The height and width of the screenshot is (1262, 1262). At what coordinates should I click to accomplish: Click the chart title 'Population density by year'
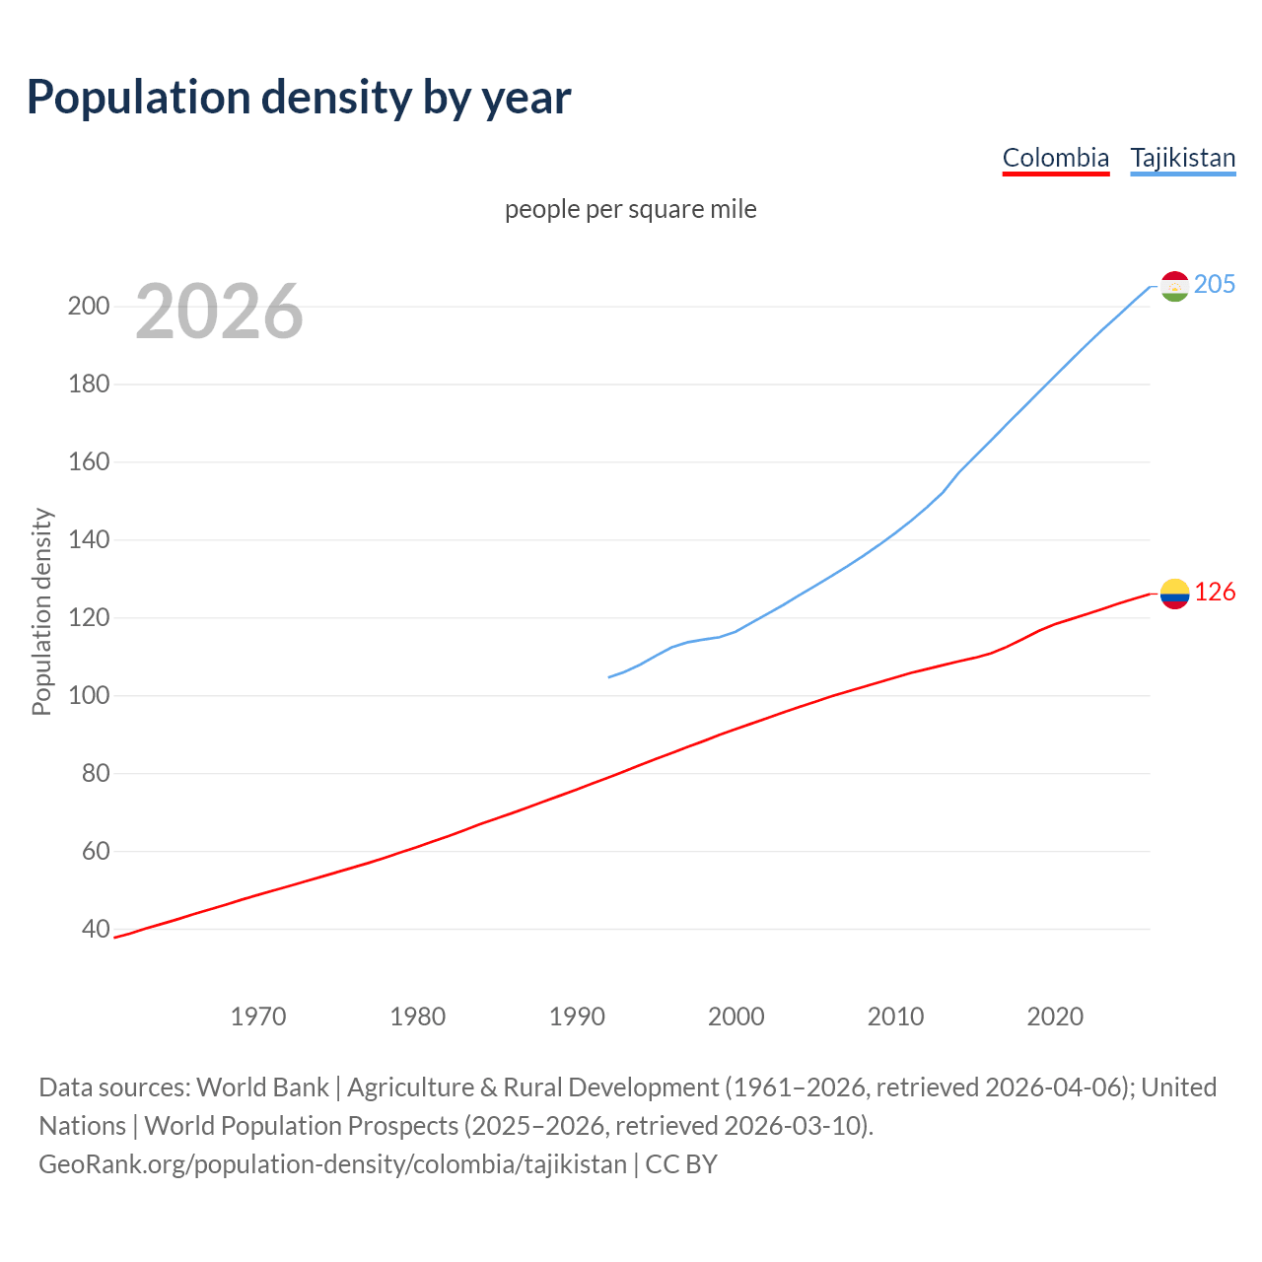[x=299, y=98]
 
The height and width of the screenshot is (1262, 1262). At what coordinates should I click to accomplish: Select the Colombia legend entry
[x=1055, y=158]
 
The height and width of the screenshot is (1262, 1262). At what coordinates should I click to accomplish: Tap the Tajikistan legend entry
[x=1182, y=158]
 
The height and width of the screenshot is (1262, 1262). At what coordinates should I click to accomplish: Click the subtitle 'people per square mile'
[x=630, y=209]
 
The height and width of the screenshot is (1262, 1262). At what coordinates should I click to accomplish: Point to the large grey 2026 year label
[x=219, y=312]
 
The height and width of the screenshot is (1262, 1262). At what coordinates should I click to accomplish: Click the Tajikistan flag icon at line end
[x=1174, y=286]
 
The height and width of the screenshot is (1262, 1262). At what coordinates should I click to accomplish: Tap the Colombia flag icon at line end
[x=1174, y=594]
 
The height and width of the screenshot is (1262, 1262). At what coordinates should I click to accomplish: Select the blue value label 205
[x=1214, y=284]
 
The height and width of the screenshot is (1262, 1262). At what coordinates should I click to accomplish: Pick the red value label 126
[x=1214, y=592]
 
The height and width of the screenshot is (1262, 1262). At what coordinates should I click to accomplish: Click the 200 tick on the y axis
[x=88, y=306]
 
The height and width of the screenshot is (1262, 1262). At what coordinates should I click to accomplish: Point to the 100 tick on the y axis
[x=88, y=695]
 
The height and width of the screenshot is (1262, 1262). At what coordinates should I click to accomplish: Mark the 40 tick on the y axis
[x=96, y=929]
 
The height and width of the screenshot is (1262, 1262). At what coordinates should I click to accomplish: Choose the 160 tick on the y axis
[x=88, y=461]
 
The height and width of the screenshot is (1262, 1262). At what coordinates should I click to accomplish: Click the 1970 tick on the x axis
[x=258, y=1017]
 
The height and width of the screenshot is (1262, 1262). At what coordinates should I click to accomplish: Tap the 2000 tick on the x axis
[x=736, y=1017]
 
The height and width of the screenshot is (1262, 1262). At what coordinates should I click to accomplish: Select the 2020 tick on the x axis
[x=1055, y=1017]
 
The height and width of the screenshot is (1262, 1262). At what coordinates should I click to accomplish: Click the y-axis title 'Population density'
[x=41, y=611]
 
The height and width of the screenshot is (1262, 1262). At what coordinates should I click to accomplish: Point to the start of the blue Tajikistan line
[x=610, y=676]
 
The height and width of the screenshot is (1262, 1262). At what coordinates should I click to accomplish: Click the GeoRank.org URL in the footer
[x=332, y=1164]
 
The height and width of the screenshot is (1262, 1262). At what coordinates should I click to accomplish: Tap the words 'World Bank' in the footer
[x=262, y=1087]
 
